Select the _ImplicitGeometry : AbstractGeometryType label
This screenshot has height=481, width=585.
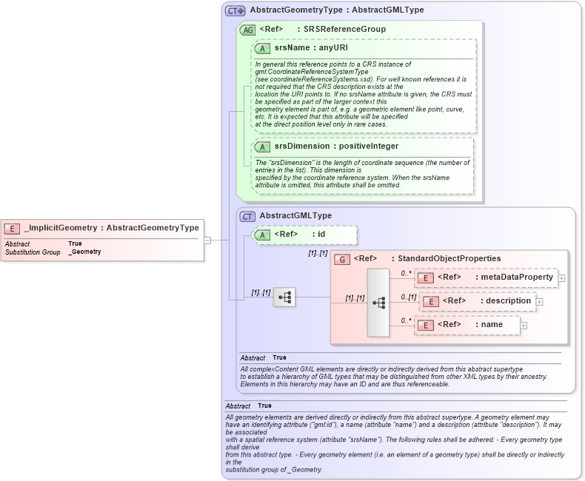(x=111, y=228)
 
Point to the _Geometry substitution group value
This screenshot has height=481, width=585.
(x=84, y=252)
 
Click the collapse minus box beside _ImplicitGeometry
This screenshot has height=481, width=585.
(x=208, y=240)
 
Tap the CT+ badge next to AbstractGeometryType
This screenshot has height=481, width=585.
(x=235, y=11)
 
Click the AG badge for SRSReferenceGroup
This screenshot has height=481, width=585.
(x=248, y=30)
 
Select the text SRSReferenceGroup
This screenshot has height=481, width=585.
(x=345, y=30)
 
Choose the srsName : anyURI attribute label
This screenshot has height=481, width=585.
(x=311, y=48)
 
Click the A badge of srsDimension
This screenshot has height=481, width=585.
(x=263, y=147)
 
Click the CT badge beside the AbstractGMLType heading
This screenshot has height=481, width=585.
(x=248, y=216)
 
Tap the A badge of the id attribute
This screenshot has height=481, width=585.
(x=263, y=235)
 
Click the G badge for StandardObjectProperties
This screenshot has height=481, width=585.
(x=342, y=259)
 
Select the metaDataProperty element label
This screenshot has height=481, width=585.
(x=517, y=277)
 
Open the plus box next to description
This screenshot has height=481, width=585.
(x=539, y=301)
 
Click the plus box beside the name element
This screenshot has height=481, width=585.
(x=524, y=325)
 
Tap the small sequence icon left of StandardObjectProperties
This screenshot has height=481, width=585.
(x=284, y=297)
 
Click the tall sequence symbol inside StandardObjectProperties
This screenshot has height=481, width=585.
(x=378, y=303)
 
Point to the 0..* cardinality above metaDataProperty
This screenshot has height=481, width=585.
(x=405, y=273)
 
